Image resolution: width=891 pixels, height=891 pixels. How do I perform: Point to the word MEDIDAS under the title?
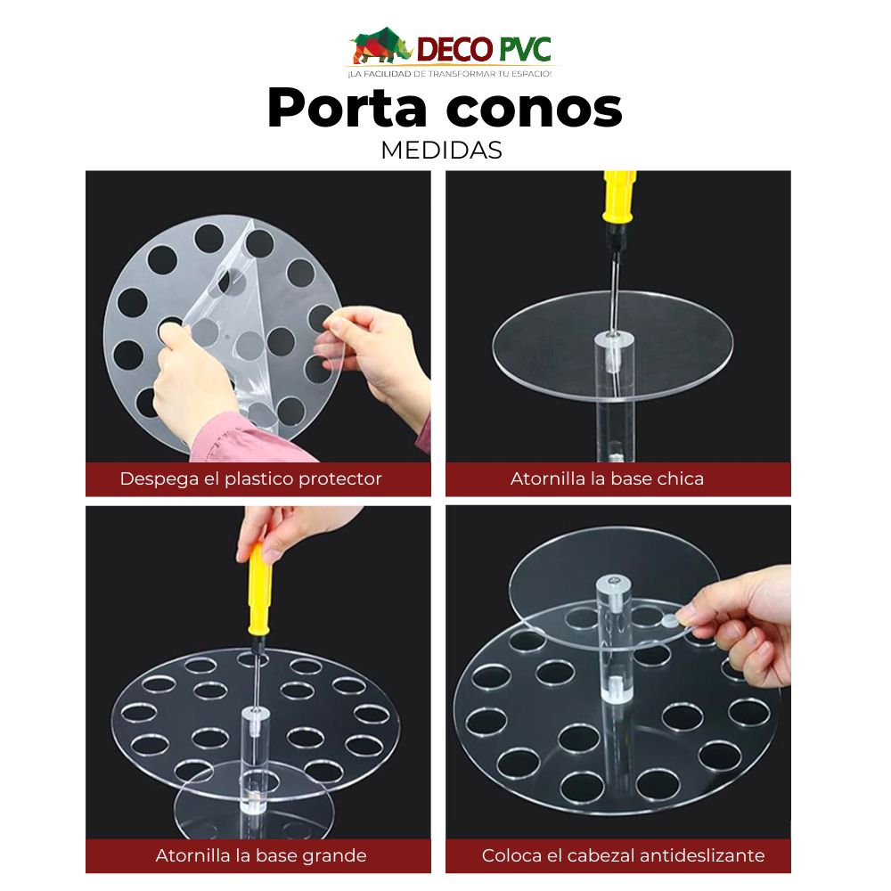tap(441, 151)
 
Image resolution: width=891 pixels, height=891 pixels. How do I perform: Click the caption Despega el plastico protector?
tap(250, 478)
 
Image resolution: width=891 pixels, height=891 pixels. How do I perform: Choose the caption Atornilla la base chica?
tap(607, 478)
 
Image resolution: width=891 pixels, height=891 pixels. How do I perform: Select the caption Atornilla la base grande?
tap(261, 855)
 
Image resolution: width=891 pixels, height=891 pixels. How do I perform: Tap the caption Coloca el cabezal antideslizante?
tap(623, 855)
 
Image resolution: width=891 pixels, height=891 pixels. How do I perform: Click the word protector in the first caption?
tap(341, 478)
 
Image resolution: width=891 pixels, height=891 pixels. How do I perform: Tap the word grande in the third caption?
tap(336, 855)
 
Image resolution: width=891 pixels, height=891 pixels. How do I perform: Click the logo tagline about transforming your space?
tap(450, 73)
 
